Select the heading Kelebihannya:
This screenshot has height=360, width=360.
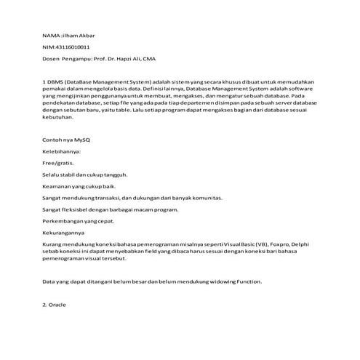click(62, 151)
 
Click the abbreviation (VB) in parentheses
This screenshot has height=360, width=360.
click(269, 244)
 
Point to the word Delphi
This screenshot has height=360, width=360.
click(312, 244)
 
